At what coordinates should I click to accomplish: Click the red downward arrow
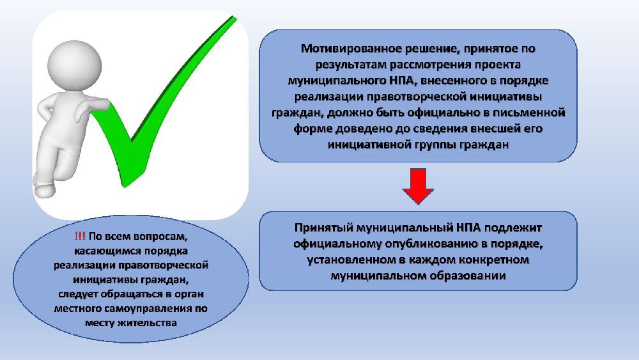[418, 185]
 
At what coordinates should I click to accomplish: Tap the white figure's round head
[74, 65]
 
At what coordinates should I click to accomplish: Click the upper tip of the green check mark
[235, 17]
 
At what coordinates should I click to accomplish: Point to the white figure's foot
[44, 190]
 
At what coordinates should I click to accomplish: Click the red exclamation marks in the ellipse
[80, 236]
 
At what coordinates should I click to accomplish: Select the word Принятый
[323, 228]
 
